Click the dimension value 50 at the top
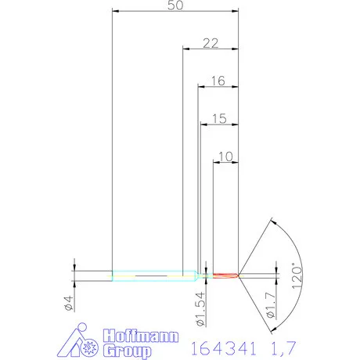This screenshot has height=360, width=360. [175, 5]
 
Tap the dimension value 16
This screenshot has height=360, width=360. [218, 80]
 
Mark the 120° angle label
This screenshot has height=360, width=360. [296, 276]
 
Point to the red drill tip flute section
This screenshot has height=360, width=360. [226, 275]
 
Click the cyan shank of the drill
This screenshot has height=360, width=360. [149, 275]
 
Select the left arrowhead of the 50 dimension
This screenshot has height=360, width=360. [117, 11]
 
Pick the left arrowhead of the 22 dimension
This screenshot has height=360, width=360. [186, 49]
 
